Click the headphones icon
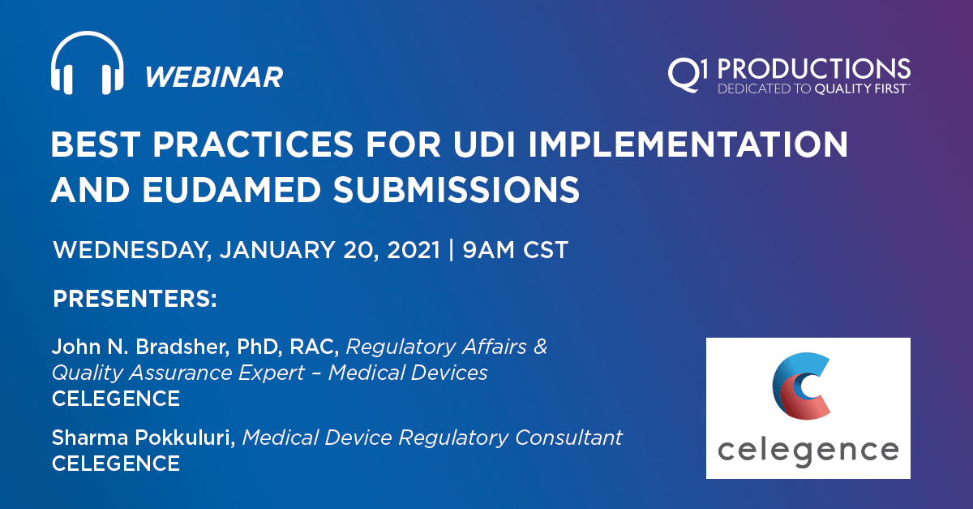[87, 66]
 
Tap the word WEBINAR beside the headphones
[214, 77]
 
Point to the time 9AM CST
[516, 249]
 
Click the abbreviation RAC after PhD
[320, 347]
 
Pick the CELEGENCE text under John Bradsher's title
[116, 399]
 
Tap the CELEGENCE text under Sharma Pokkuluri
[116, 464]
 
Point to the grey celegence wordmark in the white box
[808, 450]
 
